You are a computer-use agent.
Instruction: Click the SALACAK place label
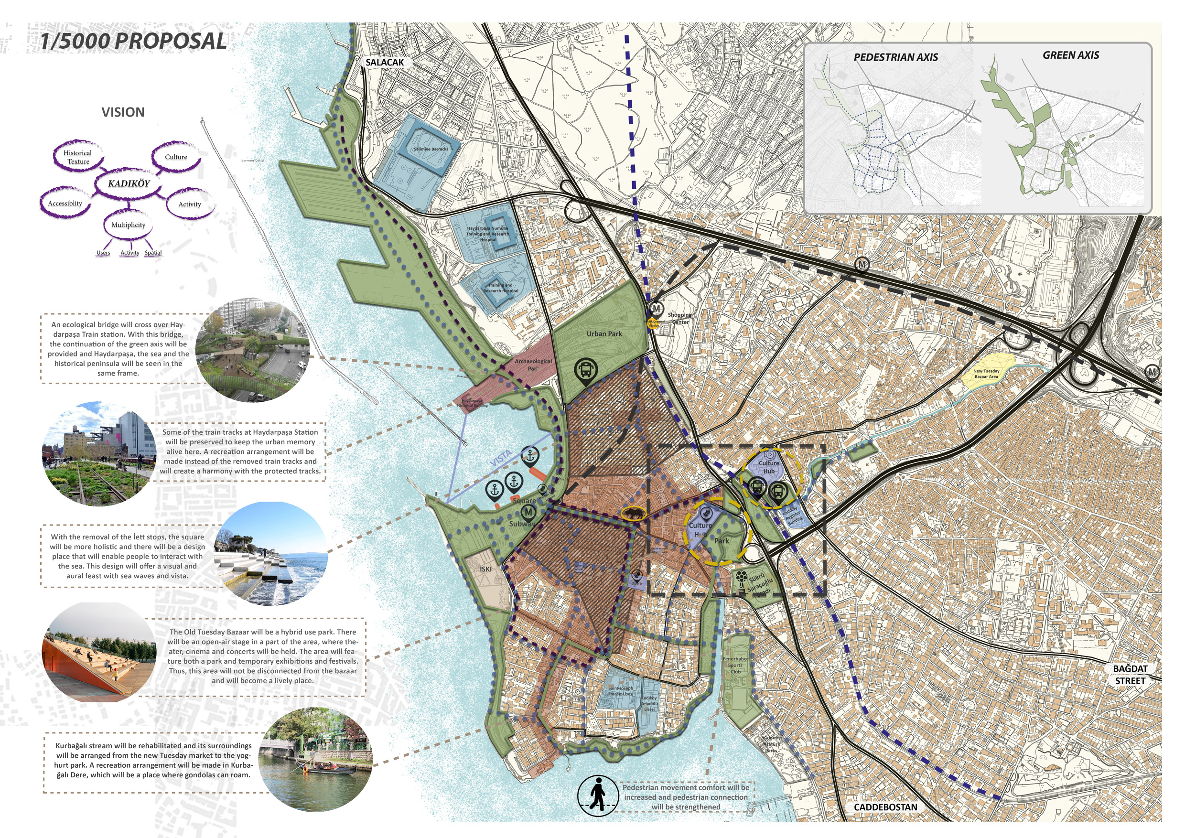point(385,63)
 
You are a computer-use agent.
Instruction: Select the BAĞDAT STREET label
point(1130,675)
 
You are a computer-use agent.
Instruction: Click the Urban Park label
point(604,334)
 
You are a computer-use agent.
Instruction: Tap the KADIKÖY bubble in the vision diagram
point(129,183)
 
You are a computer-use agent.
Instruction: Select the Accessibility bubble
point(65,204)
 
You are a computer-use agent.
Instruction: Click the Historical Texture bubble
point(78,157)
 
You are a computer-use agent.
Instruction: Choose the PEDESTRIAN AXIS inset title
point(895,57)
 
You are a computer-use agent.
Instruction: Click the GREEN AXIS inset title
point(1070,55)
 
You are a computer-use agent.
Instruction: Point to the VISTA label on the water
point(500,458)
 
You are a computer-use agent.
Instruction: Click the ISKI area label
point(485,569)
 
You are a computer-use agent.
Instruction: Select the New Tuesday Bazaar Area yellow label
point(986,374)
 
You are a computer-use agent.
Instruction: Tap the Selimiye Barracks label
point(431,149)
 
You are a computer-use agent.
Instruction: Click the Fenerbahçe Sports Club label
point(735,665)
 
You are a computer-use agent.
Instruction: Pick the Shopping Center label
point(679,318)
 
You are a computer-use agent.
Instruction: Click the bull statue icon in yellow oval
point(633,513)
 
